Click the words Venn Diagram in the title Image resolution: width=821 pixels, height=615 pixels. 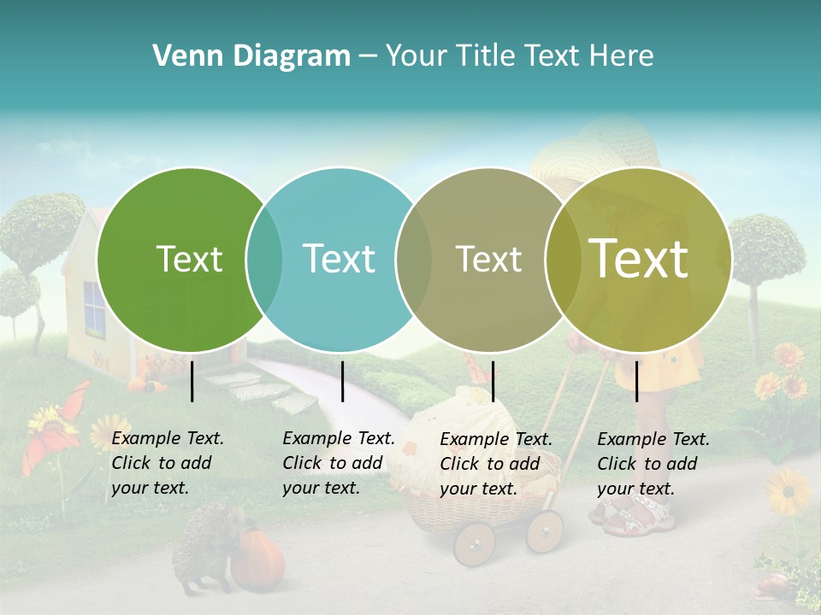251,56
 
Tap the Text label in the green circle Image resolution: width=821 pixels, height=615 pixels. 189,259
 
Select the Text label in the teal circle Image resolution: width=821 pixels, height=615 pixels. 339,259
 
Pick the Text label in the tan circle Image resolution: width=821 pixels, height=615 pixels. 488,259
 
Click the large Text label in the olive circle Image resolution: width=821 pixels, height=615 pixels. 638,258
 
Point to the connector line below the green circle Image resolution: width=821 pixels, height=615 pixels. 192,381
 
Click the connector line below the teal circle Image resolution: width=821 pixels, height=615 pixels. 342,381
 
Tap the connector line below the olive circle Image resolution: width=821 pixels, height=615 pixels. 636,381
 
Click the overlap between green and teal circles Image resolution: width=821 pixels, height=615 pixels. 264,260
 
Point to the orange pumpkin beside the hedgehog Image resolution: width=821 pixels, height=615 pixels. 257,559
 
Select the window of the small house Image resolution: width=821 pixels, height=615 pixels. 93,308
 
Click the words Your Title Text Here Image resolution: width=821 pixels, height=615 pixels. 519,56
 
